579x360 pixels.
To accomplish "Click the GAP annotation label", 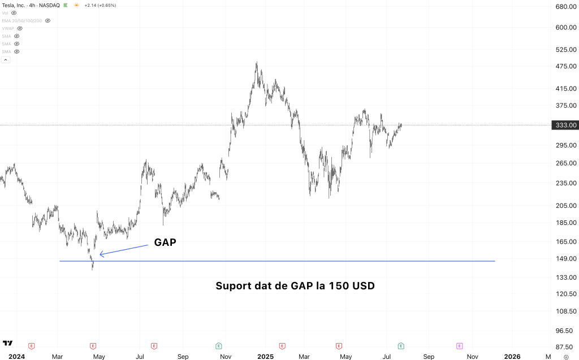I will tap(165, 242).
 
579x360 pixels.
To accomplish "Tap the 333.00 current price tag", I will tap(565, 125).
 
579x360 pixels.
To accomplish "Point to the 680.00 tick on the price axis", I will tap(565, 7).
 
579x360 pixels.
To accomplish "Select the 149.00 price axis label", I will tap(565, 259).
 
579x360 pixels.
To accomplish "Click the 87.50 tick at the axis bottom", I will tap(565, 348).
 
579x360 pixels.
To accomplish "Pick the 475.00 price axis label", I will tap(565, 67).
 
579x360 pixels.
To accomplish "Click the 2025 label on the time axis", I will tap(265, 357).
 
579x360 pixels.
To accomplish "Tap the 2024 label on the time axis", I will tap(17, 357).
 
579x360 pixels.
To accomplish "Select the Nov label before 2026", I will tap(472, 357).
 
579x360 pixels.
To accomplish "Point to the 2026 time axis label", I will tap(512, 357).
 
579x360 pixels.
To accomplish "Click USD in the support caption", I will tap(363, 286).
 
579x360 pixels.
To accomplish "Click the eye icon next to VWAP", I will tap(20, 28).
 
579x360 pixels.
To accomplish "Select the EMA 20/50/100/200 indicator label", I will tap(22, 20).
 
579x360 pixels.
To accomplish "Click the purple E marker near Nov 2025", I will tap(459, 345).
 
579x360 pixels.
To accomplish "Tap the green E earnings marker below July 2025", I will tap(401, 345).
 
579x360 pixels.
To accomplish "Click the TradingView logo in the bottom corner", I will tap(8, 343).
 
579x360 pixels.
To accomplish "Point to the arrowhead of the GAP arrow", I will tap(101, 255).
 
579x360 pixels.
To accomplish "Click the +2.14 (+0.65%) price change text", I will tap(100, 5).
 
